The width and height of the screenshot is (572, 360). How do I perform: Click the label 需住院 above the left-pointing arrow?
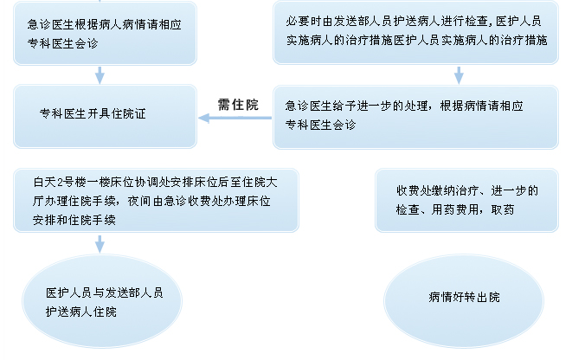point(238,105)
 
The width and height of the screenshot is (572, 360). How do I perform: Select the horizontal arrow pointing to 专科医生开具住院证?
point(235,118)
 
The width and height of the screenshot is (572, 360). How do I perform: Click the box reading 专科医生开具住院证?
point(105,116)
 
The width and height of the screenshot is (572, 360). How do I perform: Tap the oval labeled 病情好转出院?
point(464,301)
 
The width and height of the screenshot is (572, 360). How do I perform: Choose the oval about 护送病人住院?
point(102,301)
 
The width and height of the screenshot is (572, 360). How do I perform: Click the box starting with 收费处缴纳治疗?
point(466,200)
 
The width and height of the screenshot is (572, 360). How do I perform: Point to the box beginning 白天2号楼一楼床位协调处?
point(156,200)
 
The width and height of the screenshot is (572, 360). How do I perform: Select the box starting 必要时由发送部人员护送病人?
point(415,32)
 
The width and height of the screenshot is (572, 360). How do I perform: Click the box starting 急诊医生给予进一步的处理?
point(415,117)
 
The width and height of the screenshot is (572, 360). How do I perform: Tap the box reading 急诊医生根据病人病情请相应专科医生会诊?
point(105,33)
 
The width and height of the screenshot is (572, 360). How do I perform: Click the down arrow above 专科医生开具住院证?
point(100,75)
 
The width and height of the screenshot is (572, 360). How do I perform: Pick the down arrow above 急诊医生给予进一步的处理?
point(459,75)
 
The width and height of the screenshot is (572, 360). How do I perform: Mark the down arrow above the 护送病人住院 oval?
point(100,244)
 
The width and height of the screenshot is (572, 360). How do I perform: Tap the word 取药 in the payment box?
point(503,209)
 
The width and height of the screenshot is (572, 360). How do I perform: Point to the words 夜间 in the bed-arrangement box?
point(139,201)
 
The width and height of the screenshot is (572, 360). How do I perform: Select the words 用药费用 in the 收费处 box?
point(454,209)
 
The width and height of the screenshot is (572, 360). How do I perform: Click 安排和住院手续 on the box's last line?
point(74,220)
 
